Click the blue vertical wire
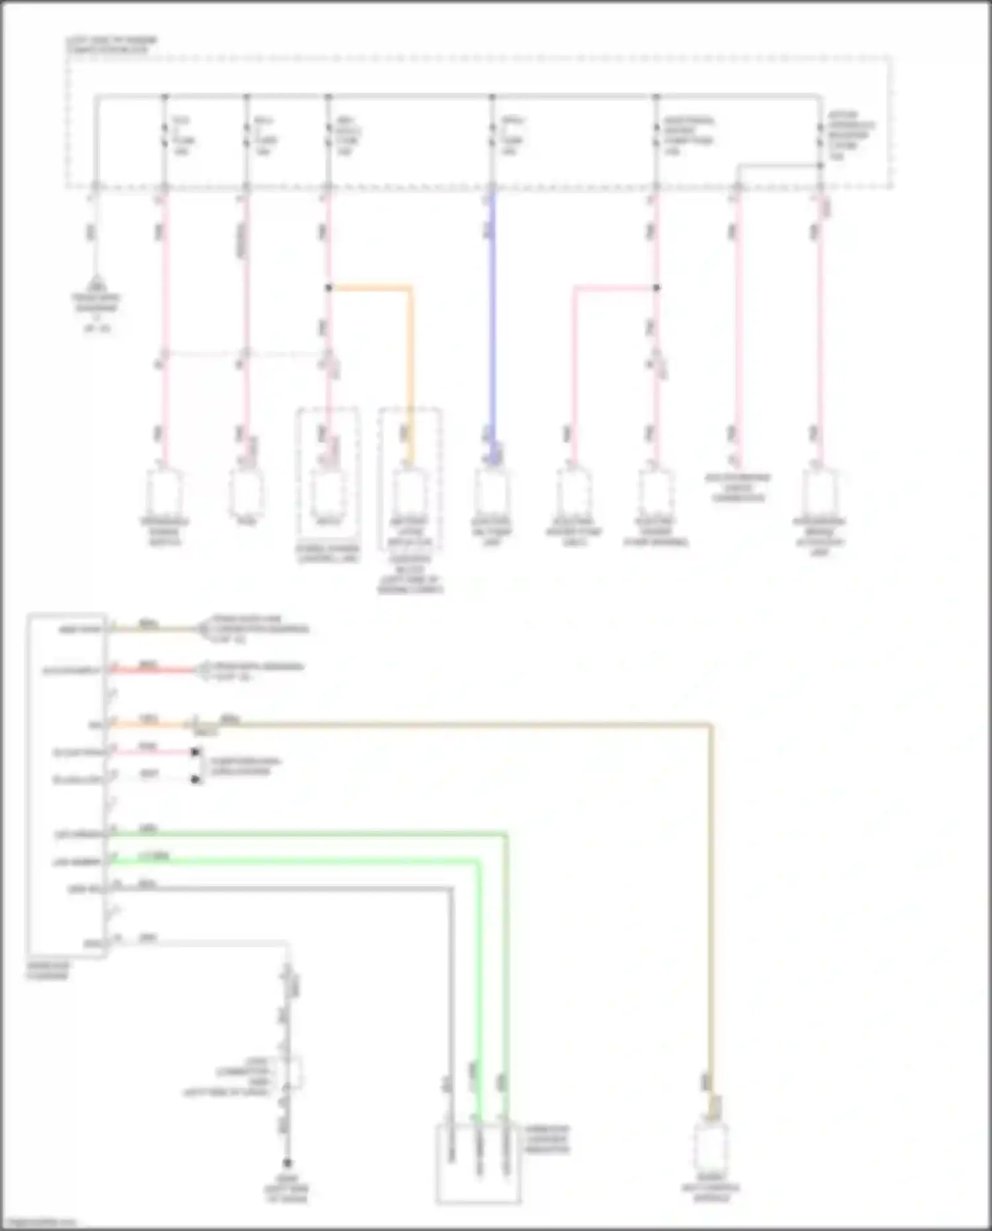tap(492, 318)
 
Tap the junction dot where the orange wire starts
tap(329, 288)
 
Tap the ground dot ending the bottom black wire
tap(287, 1163)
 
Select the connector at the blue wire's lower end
tap(492, 493)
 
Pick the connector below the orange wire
tap(409, 493)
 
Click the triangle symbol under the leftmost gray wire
tap(97, 283)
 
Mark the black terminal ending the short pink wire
tap(195, 752)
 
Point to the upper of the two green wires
tap(304, 835)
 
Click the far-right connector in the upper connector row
tap(819, 493)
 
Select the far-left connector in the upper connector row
tap(165, 493)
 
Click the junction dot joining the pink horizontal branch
tap(656, 288)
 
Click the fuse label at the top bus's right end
tap(850, 136)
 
